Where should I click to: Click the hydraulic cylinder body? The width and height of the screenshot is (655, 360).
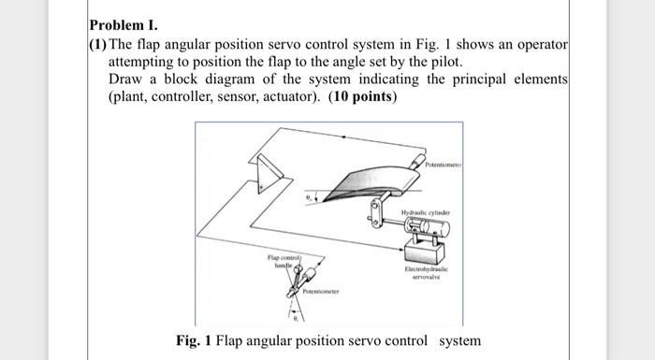[x=422, y=228]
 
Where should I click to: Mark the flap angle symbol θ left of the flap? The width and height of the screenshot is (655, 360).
[x=306, y=198]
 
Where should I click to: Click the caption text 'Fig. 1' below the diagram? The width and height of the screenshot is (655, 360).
[x=194, y=340]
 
